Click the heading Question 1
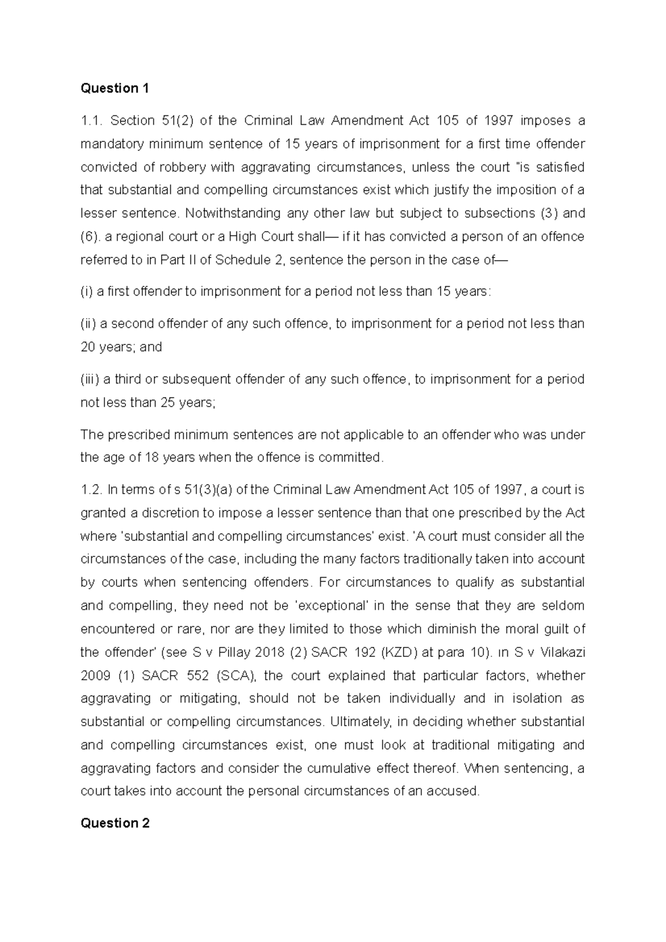[115, 88]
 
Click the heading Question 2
[115, 823]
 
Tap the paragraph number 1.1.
[91, 120]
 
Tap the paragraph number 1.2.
[91, 489]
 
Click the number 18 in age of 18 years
[152, 458]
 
